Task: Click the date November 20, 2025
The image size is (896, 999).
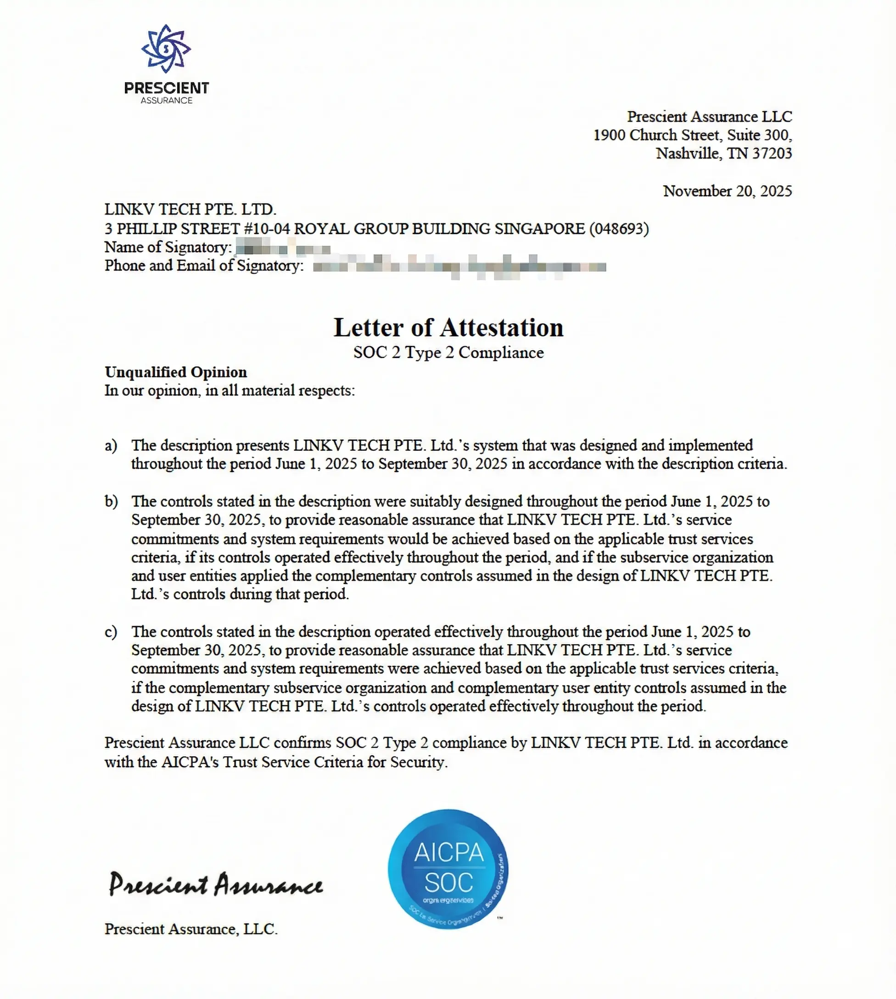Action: pyautogui.click(x=727, y=191)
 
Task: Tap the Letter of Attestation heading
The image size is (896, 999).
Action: pyautogui.click(x=448, y=327)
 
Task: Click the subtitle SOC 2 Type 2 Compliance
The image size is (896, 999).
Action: pyautogui.click(x=448, y=353)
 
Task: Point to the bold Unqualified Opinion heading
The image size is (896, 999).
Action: pyautogui.click(x=176, y=372)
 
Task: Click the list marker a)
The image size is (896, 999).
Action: pyautogui.click(x=111, y=446)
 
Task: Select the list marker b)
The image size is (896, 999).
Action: pyautogui.click(x=111, y=502)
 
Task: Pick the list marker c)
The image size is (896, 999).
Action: pyautogui.click(x=111, y=632)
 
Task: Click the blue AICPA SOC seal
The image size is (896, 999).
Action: pyautogui.click(x=448, y=869)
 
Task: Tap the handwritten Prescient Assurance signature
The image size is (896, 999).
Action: pyautogui.click(x=216, y=885)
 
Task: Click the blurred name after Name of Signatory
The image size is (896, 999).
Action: pyautogui.click(x=283, y=247)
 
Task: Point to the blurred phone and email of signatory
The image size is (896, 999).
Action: pyautogui.click(x=459, y=266)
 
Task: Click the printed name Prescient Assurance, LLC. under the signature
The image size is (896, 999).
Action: pyautogui.click(x=191, y=929)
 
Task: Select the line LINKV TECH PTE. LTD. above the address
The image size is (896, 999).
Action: pyautogui.click(x=190, y=210)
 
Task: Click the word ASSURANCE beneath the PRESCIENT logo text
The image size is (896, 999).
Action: pyautogui.click(x=167, y=101)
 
